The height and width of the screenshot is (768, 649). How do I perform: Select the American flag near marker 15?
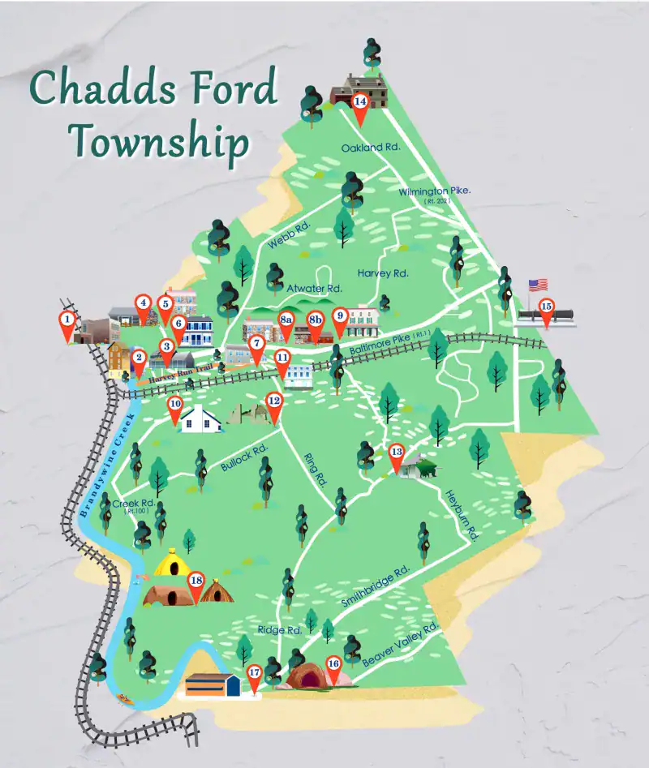(538, 285)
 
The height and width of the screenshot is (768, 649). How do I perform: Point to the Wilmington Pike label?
(435, 191)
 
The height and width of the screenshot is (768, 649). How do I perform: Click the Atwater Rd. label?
(315, 288)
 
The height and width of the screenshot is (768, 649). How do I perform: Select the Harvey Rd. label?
(383, 273)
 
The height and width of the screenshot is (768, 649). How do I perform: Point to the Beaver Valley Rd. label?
(401, 646)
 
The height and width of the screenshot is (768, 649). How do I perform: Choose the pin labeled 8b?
(316, 322)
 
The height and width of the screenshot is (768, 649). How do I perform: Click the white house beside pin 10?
(201, 419)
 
